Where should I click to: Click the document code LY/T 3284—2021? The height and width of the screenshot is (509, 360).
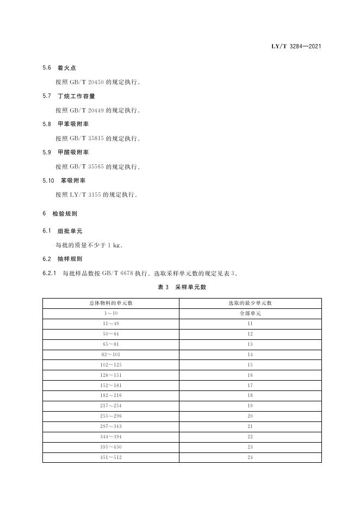[296, 46]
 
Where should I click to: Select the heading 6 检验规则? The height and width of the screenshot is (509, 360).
[60, 214]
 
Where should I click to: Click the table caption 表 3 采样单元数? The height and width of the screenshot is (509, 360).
[182, 287]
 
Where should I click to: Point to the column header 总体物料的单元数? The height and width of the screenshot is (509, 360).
[111, 303]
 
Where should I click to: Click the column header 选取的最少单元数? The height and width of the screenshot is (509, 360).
[250, 303]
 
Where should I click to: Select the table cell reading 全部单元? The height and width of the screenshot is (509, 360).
[250, 314]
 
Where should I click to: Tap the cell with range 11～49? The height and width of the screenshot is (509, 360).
[111, 324]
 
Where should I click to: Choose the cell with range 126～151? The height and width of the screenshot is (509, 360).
[111, 375]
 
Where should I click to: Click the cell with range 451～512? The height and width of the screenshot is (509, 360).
[111, 457]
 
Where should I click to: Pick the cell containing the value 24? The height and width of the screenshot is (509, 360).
[250, 457]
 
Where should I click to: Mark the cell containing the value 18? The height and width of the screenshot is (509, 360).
[250, 396]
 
